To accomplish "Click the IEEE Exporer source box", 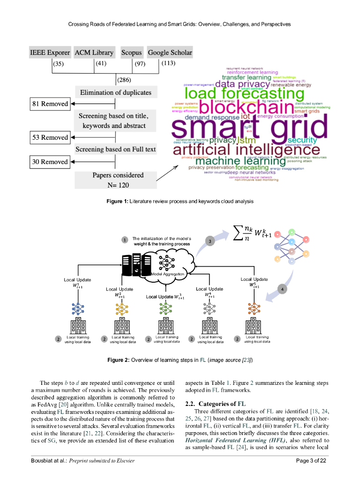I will click(50, 52).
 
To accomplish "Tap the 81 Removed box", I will click(50, 104).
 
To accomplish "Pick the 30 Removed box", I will click(50, 162).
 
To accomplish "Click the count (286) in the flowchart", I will click(124, 80).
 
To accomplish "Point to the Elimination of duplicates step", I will click(115, 92).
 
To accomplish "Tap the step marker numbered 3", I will click(210, 241).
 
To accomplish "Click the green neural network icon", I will click(165, 309).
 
